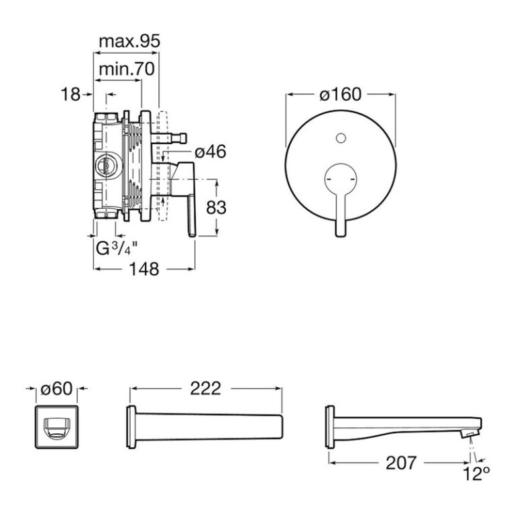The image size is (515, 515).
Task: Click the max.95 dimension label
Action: (x=129, y=42)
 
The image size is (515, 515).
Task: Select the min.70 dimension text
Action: (x=127, y=69)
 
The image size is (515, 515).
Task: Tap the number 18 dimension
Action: (x=70, y=95)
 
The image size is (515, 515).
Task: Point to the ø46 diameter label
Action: (x=211, y=152)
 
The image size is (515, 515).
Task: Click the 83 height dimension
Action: (x=216, y=208)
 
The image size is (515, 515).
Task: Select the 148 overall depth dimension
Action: (x=144, y=269)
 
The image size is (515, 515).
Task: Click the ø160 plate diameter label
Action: (x=340, y=95)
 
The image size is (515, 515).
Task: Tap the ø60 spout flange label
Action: (x=56, y=389)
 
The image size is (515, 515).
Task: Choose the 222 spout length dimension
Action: (x=206, y=389)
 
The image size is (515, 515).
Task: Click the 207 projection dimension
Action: (x=401, y=463)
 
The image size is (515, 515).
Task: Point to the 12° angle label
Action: (x=476, y=474)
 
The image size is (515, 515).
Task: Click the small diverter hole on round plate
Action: (x=341, y=138)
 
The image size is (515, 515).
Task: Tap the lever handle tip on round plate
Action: (x=341, y=231)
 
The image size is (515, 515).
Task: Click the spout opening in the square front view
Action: (x=56, y=427)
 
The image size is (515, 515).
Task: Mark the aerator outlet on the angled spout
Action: (x=468, y=434)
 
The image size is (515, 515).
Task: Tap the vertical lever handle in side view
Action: (x=192, y=215)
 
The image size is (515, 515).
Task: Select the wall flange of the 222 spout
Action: (x=131, y=427)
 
